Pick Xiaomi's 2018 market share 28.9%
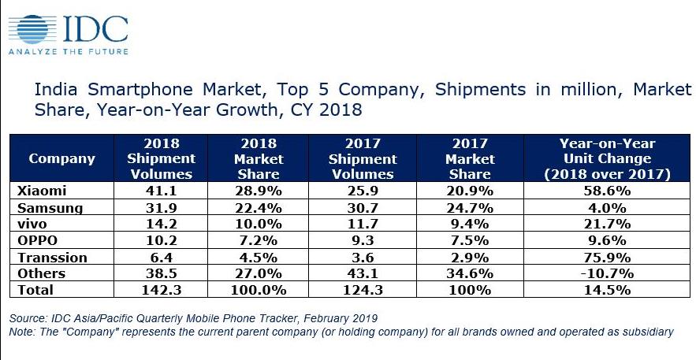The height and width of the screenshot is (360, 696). pos(261,191)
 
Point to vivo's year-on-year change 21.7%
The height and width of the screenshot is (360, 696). pos(607,224)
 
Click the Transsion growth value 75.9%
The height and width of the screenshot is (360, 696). pos(607,257)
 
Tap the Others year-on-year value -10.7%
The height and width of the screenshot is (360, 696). pos(607,273)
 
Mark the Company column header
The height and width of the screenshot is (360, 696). pos(61,158)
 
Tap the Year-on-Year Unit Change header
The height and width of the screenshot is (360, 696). pos(607,158)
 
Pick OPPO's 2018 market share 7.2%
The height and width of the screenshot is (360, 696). pos(261,240)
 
